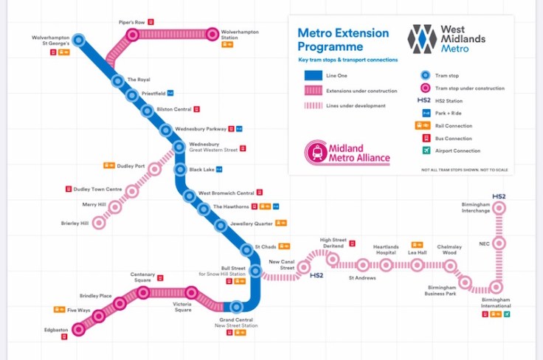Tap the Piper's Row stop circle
pyautogui.click(x=134, y=34)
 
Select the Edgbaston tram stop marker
pyautogui.click(x=78, y=328)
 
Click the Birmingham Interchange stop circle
pyautogui.click(x=499, y=209)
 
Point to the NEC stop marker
pyautogui.click(x=499, y=243)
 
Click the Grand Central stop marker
pyautogui.click(x=236, y=306)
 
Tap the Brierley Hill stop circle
pyautogui.click(x=98, y=223)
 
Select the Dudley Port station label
pyautogui.click(x=130, y=165)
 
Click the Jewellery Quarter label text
pyautogui.click(x=252, y=223)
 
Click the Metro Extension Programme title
pyautogui.click(x=342, y=40)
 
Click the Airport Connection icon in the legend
pyautogui.click(x=425, y=150)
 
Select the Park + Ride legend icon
pyautogui.click(x=425, y=113)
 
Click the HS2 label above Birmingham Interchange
pyautogui.click(x=499, y=196)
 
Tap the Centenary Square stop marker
pyautogui.click(x=143, y=293)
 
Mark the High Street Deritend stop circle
pyautogui.click(x=332, y=259)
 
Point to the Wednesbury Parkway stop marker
pyautogui.click(x=167, y=130)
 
